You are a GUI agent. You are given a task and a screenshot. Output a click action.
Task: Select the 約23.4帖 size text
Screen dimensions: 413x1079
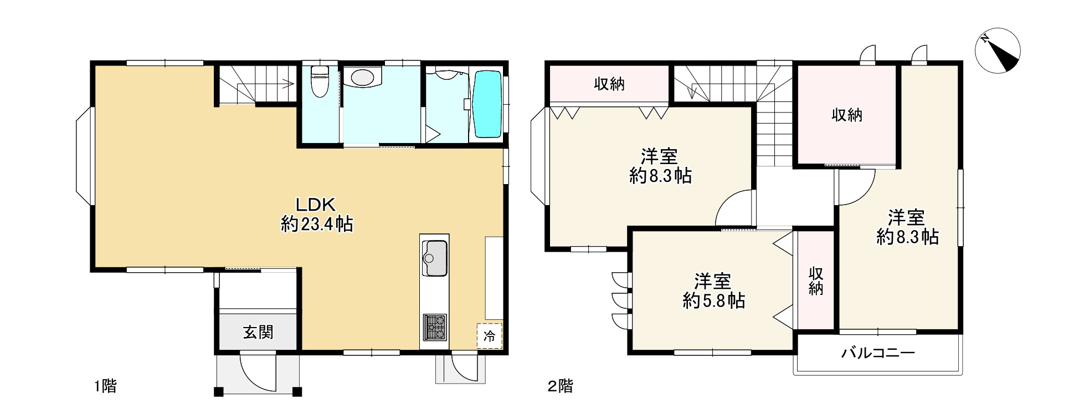[x=316, y=224]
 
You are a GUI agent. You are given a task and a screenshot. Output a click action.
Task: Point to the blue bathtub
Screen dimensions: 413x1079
[x=487, y=104]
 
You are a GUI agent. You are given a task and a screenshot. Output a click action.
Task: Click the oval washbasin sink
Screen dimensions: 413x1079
[x=362, y=77]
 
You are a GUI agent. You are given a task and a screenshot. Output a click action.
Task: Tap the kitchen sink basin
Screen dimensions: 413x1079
[x=434, y=258]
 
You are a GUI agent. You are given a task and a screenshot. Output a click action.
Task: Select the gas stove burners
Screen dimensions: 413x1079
[x=435, y=327]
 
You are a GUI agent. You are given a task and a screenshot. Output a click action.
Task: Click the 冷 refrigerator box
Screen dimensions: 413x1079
[x=489, y=335]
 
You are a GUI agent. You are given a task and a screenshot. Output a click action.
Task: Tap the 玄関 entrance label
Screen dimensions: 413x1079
[x=258, y=333]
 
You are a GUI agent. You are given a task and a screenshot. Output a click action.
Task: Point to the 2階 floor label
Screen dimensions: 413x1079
[x=560, y=386]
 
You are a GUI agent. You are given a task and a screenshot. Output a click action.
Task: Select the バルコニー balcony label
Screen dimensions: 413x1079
[x=878, y=353]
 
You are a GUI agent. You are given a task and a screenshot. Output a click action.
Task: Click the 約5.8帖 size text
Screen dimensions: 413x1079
[x=713, y=301]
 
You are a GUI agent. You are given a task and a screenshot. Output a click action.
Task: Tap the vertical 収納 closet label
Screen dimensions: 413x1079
[x=815, y=281]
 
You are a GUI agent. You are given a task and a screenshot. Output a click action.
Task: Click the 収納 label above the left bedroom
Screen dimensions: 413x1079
[x=609, y=84]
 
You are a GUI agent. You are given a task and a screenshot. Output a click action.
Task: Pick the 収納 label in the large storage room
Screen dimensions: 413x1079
[x=846, y=115]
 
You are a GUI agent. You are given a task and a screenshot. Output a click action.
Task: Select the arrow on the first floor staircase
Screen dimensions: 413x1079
[x=289, y=84]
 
